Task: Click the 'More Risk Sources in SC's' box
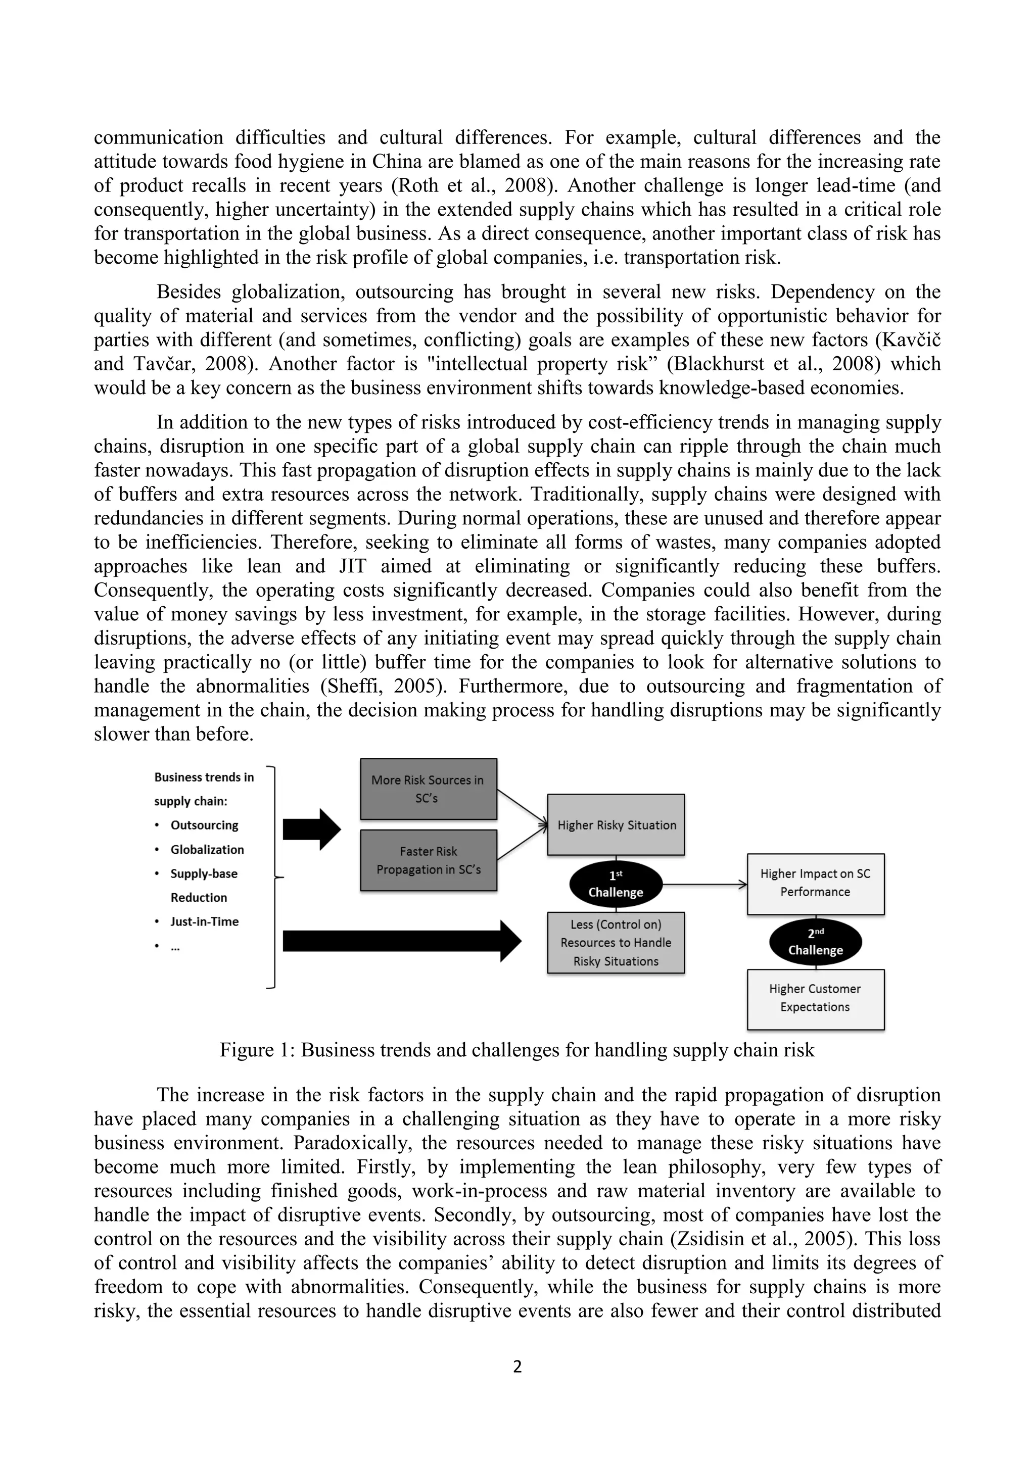tap(428, 789)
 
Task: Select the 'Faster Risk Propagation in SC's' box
tap(428, 860)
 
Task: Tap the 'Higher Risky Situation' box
tap(616, 824)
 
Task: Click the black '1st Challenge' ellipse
tap(616, 885)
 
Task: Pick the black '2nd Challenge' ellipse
tap(815, 942)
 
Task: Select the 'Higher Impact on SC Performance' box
tap(815, 883)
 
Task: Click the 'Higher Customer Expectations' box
tap(815, 998)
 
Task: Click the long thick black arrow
tap(401, 941)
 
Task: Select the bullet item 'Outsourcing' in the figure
tap(204, 825)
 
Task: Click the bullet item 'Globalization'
tap(207, 849)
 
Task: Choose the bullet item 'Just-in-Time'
tap(204, 921)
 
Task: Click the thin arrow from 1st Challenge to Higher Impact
tap(704, 885)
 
